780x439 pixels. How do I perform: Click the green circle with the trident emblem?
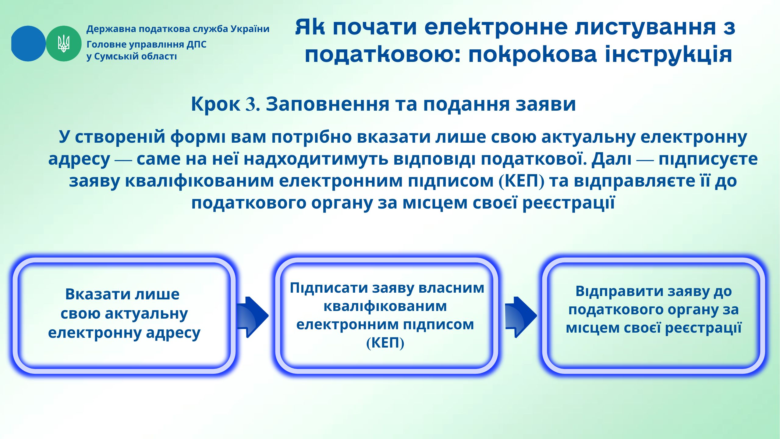pos(64,44)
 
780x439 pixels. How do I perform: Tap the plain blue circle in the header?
pos(28,44)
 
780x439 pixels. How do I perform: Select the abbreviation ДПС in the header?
pos(197,45)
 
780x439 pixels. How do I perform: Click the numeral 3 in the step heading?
pos(251,104)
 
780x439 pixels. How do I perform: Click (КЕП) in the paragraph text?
pos(521,180)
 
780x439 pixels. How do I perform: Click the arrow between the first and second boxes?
pos(253,317)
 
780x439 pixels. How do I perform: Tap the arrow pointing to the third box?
pos(521,317)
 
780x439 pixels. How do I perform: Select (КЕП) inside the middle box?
pos(385,343)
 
